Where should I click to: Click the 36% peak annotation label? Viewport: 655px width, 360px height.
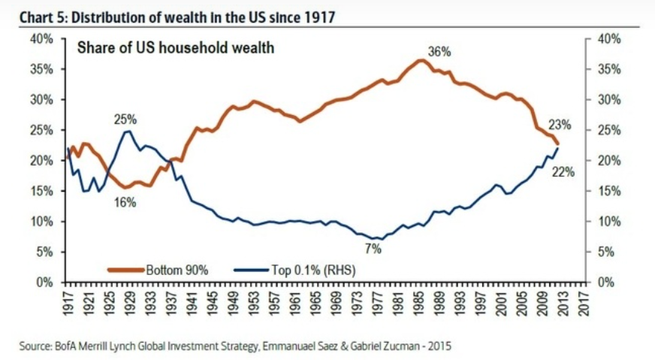(439, 52)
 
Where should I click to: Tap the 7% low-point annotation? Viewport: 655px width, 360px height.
(373, 250)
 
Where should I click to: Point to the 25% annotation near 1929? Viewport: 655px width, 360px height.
(125, 119)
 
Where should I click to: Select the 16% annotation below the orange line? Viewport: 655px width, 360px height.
(125, 201)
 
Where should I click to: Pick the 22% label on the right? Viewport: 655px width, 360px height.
(563, 172)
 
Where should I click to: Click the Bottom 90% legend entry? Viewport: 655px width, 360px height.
(161, 268)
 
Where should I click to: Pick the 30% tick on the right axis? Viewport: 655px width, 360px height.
(605, 100)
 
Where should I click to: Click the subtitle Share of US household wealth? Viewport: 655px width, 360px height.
(177, 48)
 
